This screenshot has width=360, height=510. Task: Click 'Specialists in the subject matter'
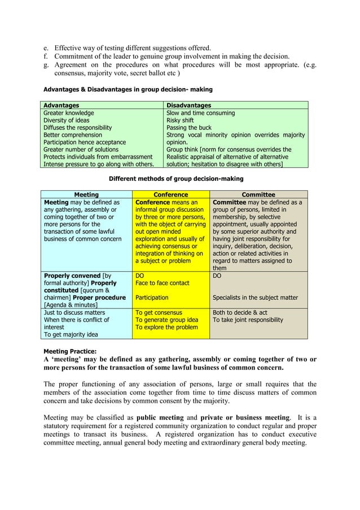[x=255, y=298]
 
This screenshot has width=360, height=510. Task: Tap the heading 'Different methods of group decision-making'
[x=176, y=178]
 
